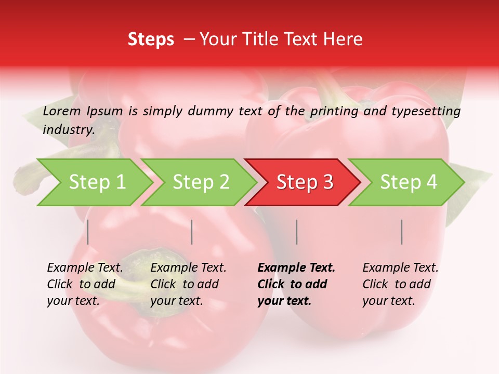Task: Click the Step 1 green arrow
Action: (96, 182)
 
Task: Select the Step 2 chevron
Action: (201, 182)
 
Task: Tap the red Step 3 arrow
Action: (305, 182)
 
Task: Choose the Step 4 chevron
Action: (409, 182)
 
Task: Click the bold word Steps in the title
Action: (151, 39)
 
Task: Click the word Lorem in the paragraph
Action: (61, 111)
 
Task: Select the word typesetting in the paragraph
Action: (426, 111)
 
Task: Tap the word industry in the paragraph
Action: (68, 129)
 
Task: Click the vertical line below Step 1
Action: (88, 232)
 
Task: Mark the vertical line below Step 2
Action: (192, 232)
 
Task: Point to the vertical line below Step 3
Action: (297, 232)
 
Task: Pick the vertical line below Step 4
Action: (402, 232)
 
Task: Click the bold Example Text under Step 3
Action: (296, 268)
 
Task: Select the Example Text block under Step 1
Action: (85, 284)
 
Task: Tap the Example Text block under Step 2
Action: (188, 284)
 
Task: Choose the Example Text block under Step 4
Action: (400, 284)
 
